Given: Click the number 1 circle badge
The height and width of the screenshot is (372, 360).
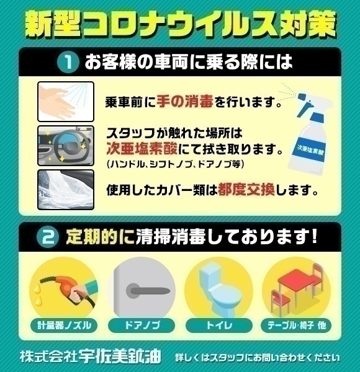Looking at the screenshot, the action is (68, 62).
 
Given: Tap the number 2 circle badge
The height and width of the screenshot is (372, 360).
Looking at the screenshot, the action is (48, 237).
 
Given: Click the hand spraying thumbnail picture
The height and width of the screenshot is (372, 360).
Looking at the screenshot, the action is (66, 102).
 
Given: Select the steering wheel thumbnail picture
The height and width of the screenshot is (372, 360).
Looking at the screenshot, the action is (66, 146).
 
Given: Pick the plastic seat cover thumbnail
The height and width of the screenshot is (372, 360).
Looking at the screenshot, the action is (66, 190).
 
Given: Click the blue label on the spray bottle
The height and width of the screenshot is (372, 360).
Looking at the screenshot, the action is (311, 149).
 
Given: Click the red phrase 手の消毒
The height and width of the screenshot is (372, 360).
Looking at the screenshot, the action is (185, 102).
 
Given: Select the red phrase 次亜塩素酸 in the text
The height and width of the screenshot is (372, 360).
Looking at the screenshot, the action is (142, 149).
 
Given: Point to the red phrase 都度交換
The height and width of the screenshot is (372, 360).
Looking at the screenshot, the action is (246, 190).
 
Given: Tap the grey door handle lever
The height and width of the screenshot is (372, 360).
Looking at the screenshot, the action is (148, 291).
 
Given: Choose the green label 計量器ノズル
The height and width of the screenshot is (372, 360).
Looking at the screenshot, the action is (64, 325).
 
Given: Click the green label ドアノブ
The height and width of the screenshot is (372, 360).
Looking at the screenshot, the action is (142, 325).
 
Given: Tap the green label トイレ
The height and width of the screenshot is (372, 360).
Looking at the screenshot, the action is (219, 325).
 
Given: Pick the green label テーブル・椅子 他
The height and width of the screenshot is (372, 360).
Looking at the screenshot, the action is (296, 325).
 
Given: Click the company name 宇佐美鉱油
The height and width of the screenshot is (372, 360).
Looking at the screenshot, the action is (120, 356).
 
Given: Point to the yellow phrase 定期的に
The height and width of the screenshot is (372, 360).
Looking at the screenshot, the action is (100, 237).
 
